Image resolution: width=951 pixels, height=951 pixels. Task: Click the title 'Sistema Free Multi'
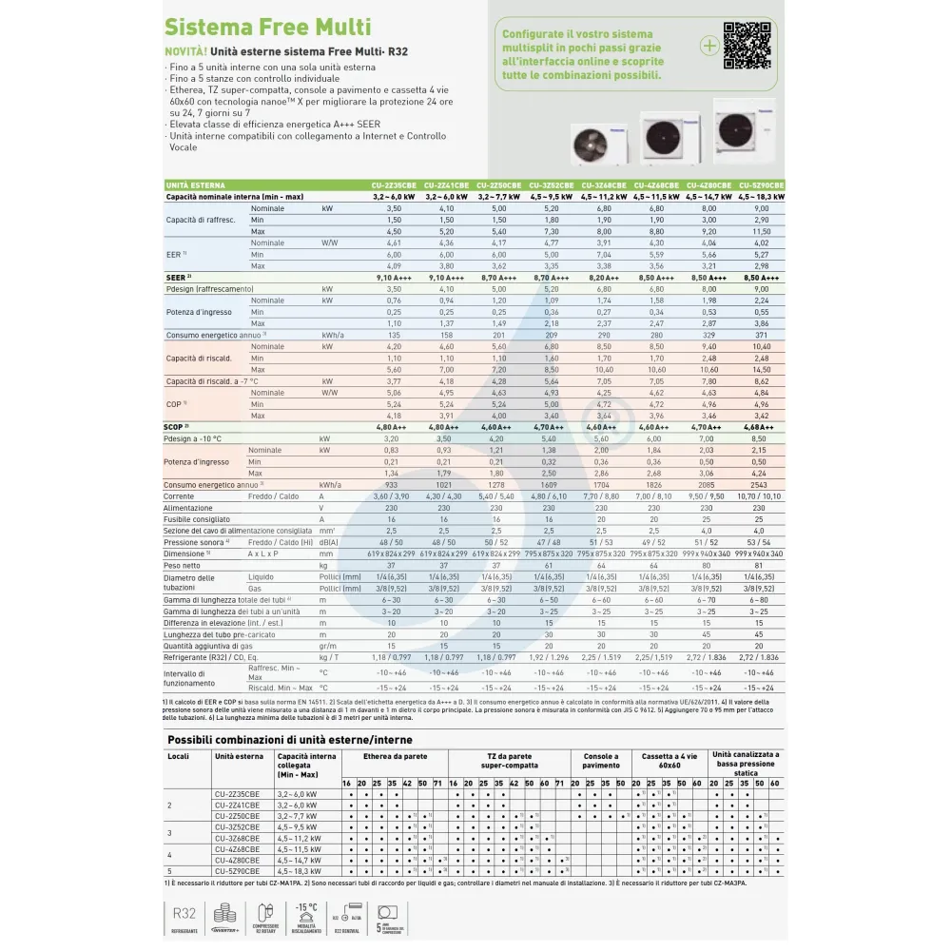tap(267, 27)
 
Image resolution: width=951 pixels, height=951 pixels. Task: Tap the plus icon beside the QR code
tap(709, 45)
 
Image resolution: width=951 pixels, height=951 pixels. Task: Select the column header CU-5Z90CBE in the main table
tap(762, 184)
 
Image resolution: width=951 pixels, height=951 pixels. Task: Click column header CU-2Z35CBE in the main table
tap(395, 184)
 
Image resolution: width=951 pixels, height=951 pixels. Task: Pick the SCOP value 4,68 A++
tap(761, 428)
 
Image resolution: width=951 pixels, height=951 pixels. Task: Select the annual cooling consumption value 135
tap(394, 335)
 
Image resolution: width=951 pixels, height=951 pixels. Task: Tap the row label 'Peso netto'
tap(184, 565)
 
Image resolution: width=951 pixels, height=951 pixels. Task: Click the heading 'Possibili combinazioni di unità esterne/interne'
tap(290, 739)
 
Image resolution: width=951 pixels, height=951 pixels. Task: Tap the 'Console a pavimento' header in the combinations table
tap(599, 762)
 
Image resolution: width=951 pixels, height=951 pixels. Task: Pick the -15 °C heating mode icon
tap(305, 917)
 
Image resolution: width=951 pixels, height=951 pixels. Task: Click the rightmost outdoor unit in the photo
tap(745, 130)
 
